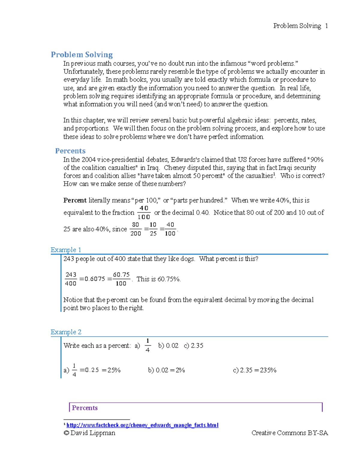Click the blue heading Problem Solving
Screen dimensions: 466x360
pos(82,55)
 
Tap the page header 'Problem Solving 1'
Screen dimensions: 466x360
pos(300,26)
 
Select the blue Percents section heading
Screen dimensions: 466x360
pos(70,151)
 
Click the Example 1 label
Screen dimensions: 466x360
pos(66,250)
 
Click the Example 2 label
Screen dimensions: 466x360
pos(66,332)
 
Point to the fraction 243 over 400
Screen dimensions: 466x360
pos(71,279)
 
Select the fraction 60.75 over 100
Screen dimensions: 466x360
pos(121,279)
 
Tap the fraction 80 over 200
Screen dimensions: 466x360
pos(136,229)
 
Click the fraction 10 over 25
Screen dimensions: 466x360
pos(153,229)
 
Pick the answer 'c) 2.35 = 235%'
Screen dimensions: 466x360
pos(254,370)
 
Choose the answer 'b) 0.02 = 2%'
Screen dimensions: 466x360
pos(166,370)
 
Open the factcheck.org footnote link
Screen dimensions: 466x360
pos(142,425)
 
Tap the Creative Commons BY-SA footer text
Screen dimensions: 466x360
pos(289,433)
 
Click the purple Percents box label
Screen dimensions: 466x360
pos(85,408)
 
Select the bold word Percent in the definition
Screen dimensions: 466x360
pos(75,200)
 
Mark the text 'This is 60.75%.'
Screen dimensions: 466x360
pos(158,279)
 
